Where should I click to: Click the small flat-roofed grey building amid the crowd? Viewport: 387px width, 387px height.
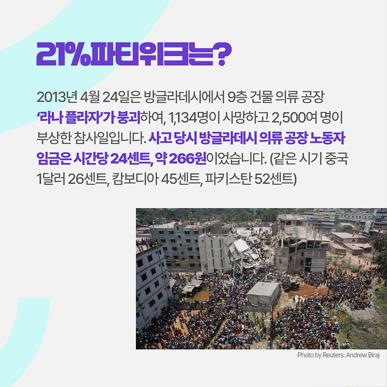click(x=263, y=293)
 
